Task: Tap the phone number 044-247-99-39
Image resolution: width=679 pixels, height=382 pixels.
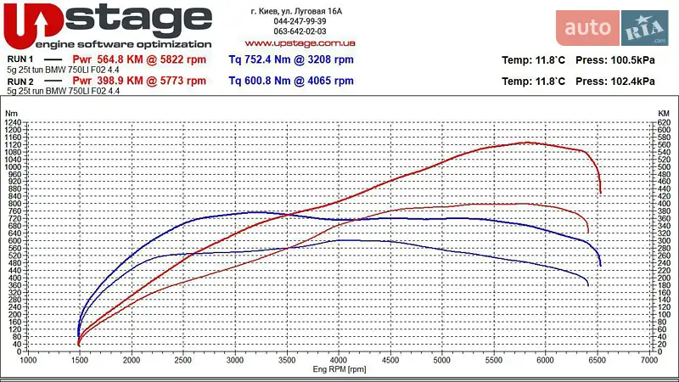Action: (x=300, y=20)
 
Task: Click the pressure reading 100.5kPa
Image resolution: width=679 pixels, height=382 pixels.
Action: (x=628, y=60)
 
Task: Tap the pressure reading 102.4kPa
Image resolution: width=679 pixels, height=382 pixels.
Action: (x=628, y=82)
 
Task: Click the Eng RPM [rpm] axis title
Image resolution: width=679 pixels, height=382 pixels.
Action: (x=339, y=370)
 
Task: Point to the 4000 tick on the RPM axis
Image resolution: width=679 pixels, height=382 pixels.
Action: (x=339, y=361)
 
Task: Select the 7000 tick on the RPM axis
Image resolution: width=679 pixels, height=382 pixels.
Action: (x=649, y=361)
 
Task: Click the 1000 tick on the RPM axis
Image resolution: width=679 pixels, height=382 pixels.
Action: (x=28, y=361)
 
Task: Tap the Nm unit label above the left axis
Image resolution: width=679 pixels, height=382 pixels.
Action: (x=11, y=113)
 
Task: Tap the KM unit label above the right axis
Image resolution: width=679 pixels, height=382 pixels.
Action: (x=664, y=113)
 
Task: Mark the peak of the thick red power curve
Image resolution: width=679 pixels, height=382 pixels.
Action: (x=527, y=143)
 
